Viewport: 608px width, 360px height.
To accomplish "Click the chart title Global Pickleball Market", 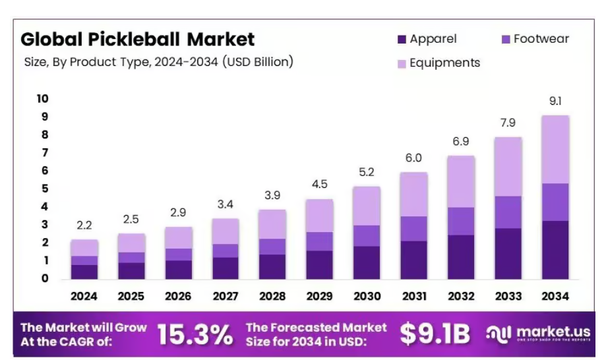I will (x=137, y=39).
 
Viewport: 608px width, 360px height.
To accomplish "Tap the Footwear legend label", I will (x=541, y=39).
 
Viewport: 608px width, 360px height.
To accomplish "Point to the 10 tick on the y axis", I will (x=43, y=99).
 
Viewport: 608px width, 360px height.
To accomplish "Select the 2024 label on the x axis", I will (x=84, y=296).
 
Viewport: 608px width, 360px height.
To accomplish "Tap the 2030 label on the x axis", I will (x=366, y=296).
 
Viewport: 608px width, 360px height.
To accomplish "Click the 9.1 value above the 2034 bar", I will (x=554, y=102).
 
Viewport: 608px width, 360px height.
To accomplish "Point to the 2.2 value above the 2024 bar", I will (x=84, y=225).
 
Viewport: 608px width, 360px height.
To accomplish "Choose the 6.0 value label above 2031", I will (x=413, y=158).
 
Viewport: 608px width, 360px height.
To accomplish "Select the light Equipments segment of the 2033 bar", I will (x=507, y=166).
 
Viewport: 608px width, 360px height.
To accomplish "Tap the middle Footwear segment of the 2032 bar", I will (x=460, y=221).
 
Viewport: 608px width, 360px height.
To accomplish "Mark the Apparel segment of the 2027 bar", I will (x=226, y=268).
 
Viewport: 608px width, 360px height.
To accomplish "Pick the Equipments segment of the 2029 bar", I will (x=319, y=216).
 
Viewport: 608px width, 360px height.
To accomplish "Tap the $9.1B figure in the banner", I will (x=435, y=335).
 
